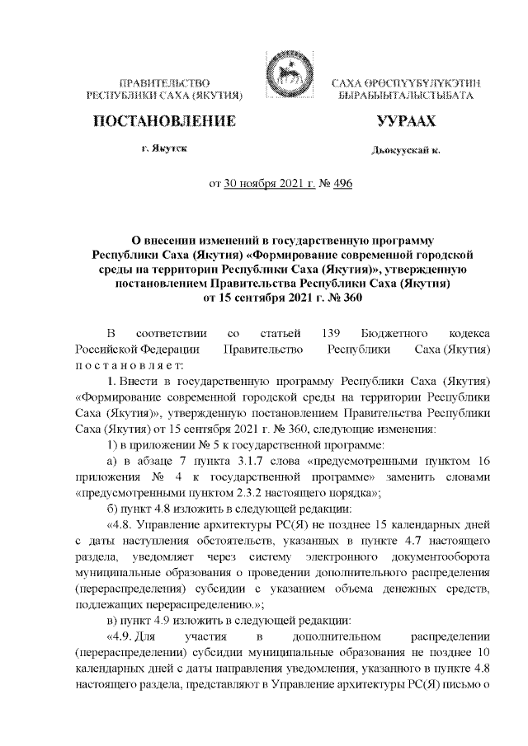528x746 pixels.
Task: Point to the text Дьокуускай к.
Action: point(405,150)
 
